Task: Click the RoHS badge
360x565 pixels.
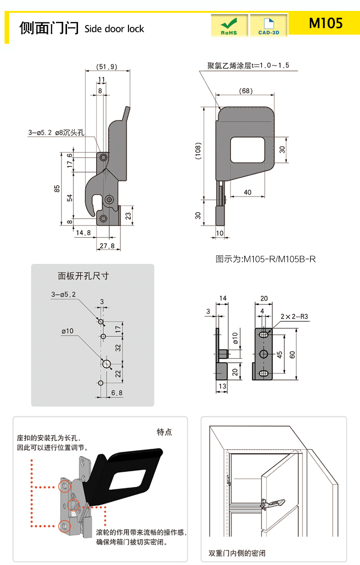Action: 229,26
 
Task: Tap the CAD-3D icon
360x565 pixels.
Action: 269,26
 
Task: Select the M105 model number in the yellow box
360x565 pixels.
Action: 325,23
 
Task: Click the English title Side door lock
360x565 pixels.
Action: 114,29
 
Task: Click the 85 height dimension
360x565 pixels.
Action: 57,189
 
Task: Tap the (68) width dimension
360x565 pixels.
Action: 246,91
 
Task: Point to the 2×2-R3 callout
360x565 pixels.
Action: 294,316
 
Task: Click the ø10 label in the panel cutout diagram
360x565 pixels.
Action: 67,331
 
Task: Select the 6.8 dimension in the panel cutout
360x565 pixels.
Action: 117,392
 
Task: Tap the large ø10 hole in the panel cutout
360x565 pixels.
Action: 107,364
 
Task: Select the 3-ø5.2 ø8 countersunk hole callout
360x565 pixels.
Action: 57,133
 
